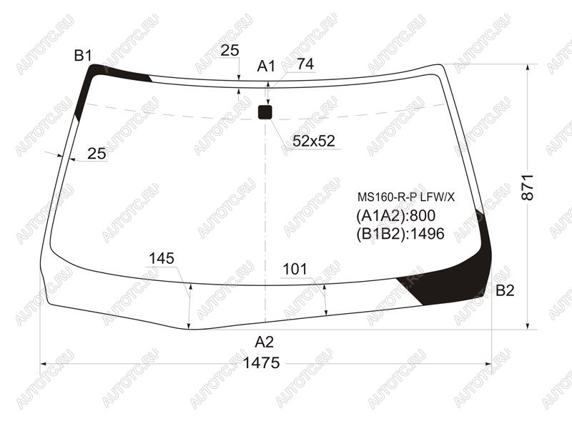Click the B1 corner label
[x=83, y=56]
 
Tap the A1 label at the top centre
[x=266, y=66]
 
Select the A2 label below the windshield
[x=264, y=342]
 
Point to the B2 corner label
[x=506, y=290]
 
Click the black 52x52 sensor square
[x=265, y=112]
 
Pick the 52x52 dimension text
[x=314, y=141]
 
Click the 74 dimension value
[x=305, y=64]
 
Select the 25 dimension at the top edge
[x=230, y=50]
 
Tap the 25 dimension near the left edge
[x=97, y=154]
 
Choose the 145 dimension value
[x=162, y=258]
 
